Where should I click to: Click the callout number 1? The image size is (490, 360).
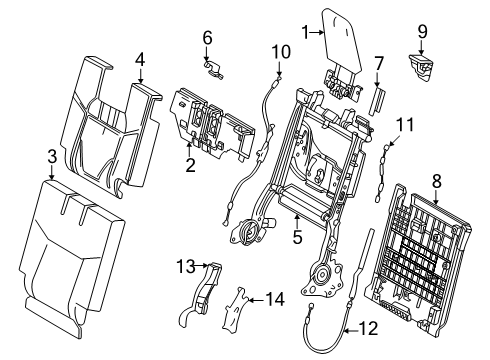(x=306, y=33)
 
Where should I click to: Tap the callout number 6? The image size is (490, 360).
(x=207, y=38)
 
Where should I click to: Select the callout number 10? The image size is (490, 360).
(x=281, y=52)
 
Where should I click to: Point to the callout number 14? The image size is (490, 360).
(x=275, y=299)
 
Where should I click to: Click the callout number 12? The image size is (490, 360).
(x=369, y=328)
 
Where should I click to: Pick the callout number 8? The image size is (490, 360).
(x=437, y=182)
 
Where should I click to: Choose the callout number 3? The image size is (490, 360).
(x=52, y=157)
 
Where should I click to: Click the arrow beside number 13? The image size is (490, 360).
(x=201, y=266)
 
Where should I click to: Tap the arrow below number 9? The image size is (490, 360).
(x=422, y=47)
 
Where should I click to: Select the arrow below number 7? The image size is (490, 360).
(x=377, y=80)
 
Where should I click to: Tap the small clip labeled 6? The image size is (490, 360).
(x=213, y=69)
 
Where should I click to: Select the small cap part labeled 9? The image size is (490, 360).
(x=421, y=67)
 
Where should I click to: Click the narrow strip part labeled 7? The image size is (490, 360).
(x=377, y=101)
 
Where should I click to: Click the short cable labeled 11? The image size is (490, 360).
(x=382, y=173)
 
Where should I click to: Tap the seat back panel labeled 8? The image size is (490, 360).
(x=418, y=258)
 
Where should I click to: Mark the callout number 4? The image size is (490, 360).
(x=140, y=60)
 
